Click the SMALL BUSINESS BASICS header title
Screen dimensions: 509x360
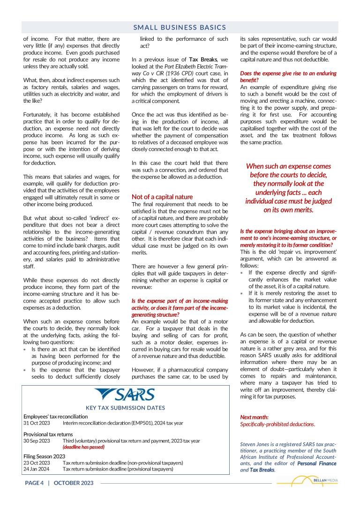(180, 28)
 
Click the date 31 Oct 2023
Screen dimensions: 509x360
(37, 423)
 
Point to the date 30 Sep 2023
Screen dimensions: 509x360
(37, 441)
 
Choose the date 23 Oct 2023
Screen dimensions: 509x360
(37, 463)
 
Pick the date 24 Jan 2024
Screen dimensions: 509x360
(37, 469)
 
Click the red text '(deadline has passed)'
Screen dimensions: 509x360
(83, 447)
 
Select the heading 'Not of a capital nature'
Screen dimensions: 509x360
(162, 197)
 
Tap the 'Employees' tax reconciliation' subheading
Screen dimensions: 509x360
(56, 417)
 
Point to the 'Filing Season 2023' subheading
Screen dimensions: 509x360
(45, 456)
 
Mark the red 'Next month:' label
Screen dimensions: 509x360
(255, 417)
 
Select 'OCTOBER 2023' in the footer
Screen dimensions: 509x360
(74, 483)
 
